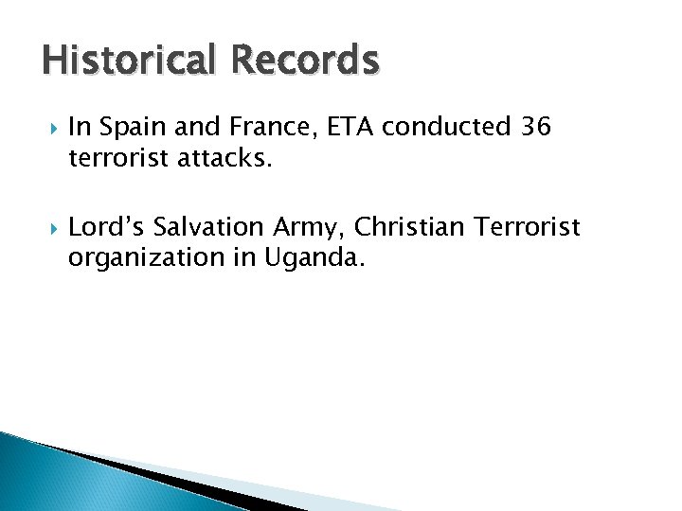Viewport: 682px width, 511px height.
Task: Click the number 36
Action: (535, 126)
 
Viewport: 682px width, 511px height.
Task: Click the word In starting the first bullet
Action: (80, 126)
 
